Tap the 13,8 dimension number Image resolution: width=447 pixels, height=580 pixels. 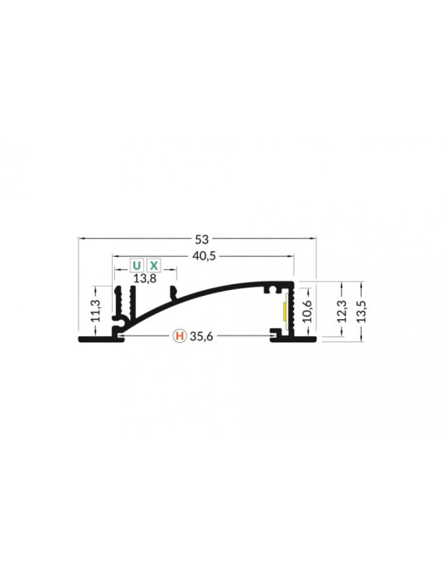[x=145, y=278]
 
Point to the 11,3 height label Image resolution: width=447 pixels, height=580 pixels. [x=97, y=312]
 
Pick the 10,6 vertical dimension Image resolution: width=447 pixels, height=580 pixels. [x=308, y=312]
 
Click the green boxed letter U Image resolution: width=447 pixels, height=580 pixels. [x=137, y=266]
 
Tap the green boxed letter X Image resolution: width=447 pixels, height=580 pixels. [x=154, y=266]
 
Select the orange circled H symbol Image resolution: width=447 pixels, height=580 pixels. [x=179, y=336]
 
